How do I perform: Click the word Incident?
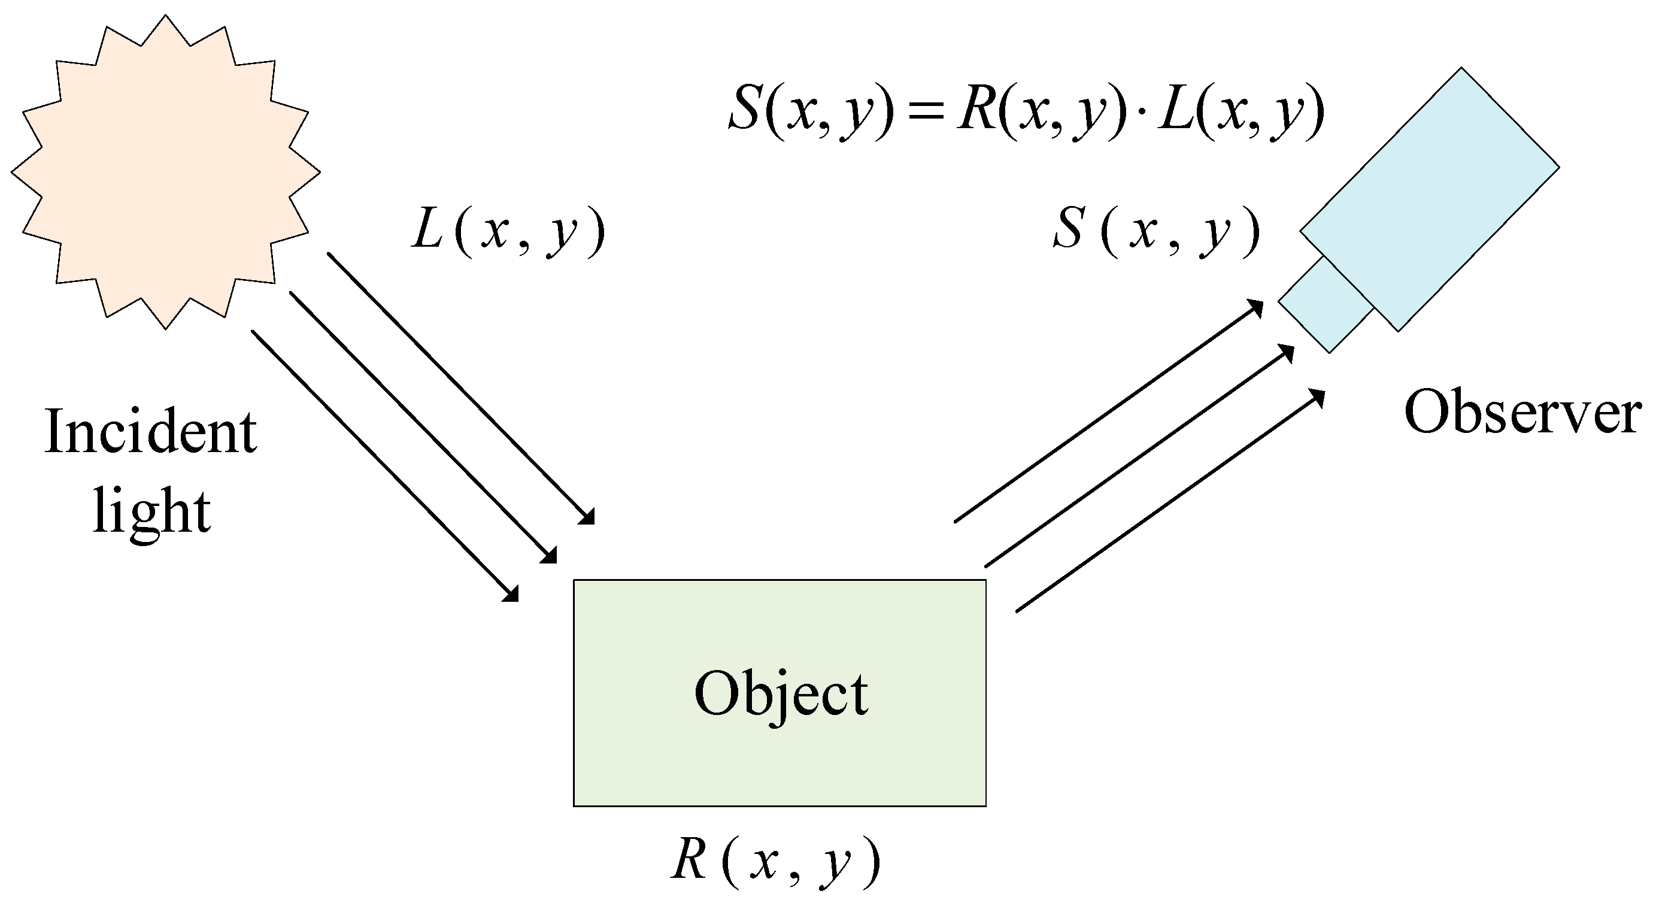click(151, 432)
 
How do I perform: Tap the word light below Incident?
click(151, 511)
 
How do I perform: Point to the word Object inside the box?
click(781, 695)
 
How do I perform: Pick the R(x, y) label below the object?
click(775, 861)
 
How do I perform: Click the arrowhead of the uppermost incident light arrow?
click(588, 517)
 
